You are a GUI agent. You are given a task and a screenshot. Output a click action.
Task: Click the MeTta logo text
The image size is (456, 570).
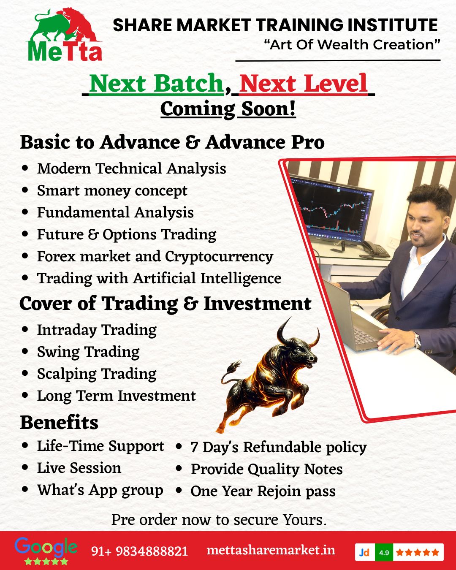(65, 51)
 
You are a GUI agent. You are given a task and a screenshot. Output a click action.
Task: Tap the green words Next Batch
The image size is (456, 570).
(156, 83)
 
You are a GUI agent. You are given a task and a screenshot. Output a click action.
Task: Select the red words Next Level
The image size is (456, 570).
(303, 83)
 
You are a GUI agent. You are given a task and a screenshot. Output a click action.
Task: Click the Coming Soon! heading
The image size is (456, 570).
(228, 109)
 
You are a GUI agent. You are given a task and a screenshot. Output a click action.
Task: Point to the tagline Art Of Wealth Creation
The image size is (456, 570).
(352, 44)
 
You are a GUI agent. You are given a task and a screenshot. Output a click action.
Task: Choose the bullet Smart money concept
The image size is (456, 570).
(112, 191)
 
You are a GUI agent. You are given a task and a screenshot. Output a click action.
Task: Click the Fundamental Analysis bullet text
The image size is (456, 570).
(115, 212)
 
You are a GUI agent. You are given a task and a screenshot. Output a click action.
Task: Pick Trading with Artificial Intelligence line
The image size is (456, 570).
(159, 279)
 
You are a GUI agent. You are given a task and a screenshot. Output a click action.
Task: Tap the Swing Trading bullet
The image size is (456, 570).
(88, 352)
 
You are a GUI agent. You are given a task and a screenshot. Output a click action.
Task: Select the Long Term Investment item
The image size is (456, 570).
(116, 396)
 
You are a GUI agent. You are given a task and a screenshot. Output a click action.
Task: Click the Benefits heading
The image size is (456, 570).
(59, 423)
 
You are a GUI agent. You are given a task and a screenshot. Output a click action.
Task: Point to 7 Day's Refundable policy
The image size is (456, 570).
(278, 447)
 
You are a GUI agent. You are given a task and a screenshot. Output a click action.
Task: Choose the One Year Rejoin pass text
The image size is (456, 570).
(263, 491)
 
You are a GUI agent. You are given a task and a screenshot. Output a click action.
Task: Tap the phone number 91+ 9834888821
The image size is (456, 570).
(139, 551)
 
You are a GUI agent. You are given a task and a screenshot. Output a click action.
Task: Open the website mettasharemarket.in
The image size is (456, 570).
(271, 550)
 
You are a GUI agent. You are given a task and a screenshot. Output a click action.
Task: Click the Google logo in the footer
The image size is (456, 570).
(46, 547)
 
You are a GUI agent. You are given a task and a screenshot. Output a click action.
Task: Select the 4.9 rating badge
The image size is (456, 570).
(384, 552)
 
